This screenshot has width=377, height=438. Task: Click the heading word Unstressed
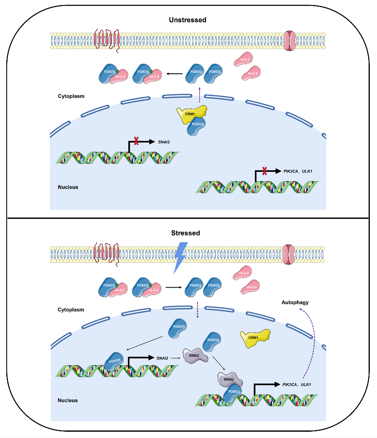pyautogui.click(x=187, y=20)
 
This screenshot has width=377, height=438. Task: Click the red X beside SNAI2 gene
pyautogui.click(x=136, y=141)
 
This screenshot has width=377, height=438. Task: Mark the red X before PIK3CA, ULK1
pyautogui.click(x=264, y=171)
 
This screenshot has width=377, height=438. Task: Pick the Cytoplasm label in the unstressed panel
pyautogui.click(x=71, y=96)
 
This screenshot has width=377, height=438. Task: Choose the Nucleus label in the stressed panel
pyautogui.click(x=68, y=400)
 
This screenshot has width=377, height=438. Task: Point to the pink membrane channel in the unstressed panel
pyautogui.click(x=289, y=40)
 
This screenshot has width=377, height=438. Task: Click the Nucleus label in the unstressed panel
pyautogui.click(x=68, y=187)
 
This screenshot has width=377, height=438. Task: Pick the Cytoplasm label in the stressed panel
pyautogui.click(x=71, y=310)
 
